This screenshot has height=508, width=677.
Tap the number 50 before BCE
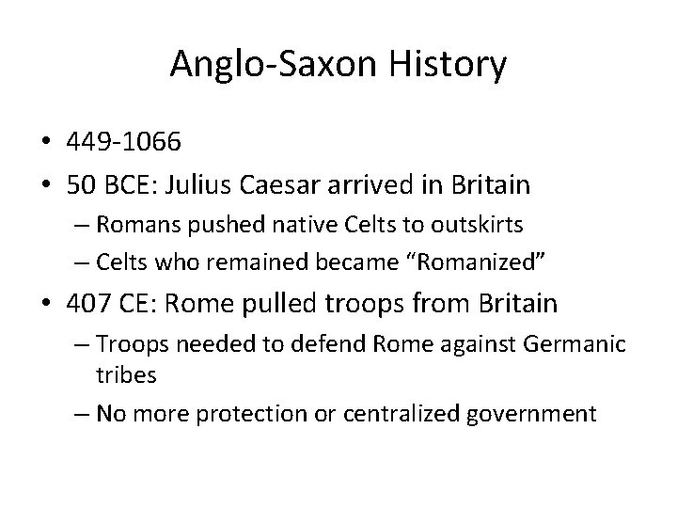(82, 184)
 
